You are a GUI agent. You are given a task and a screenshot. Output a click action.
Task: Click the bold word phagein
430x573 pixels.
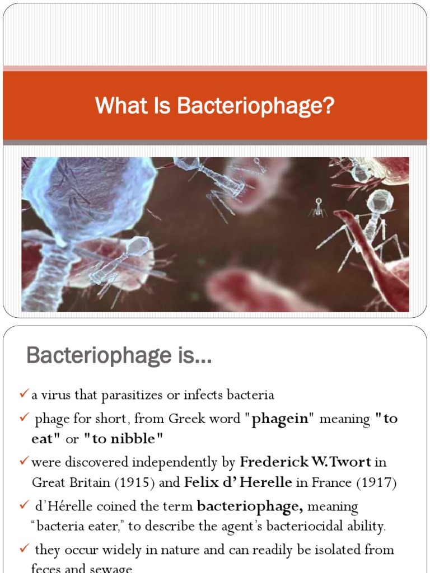coord(280,419)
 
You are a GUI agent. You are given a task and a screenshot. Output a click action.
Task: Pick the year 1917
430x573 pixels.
coord(377,483)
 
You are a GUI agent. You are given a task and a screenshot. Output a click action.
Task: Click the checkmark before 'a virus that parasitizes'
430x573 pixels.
coord(24,395)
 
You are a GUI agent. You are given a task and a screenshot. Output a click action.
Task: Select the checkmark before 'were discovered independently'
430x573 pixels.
coord(24,462)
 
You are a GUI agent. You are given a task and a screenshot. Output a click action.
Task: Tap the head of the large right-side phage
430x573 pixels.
coord(380,201)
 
